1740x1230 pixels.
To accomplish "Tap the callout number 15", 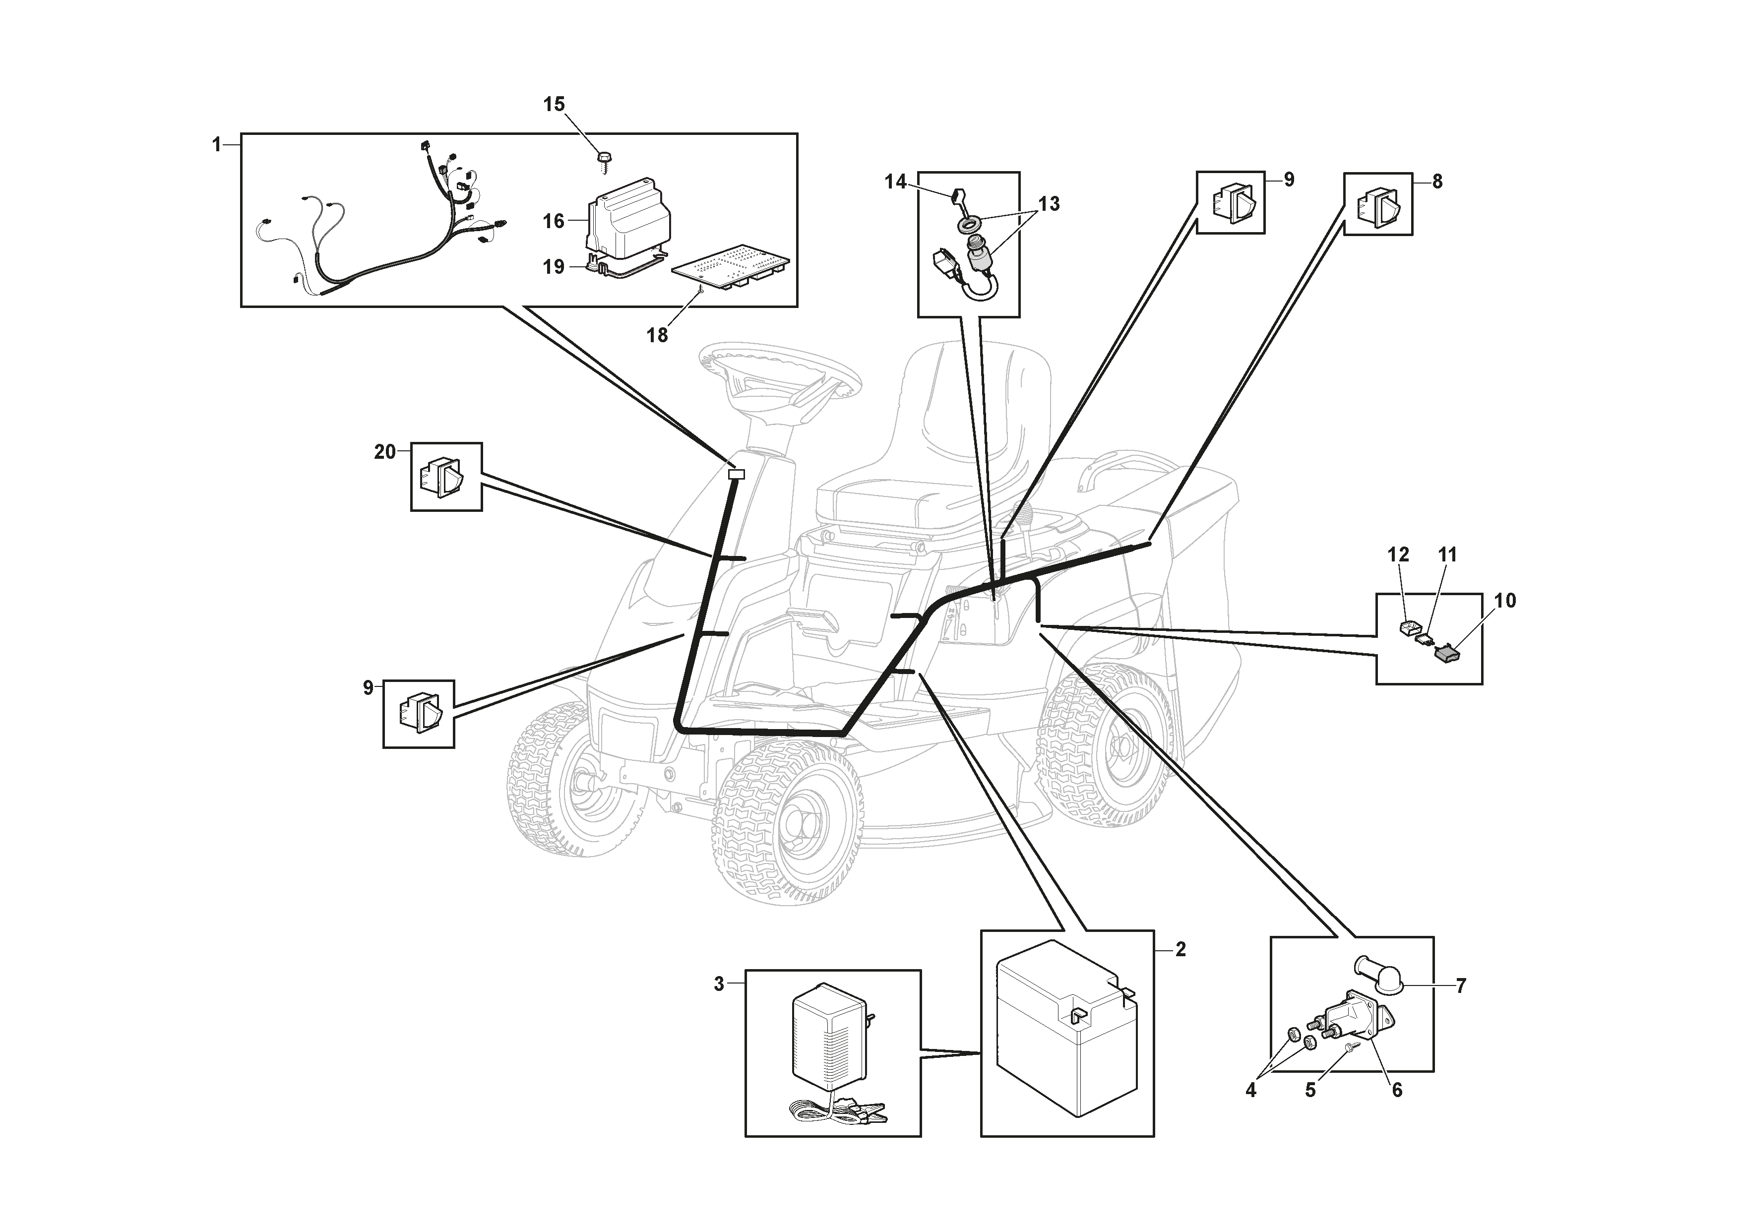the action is point(554,105).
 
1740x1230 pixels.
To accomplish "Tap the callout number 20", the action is point(385,452).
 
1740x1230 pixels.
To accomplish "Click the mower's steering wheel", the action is point(781,371).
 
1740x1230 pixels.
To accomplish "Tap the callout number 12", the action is point(1398,555).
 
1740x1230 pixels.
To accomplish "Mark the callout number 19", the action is point(554,267).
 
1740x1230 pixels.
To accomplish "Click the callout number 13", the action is point(1049,204).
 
